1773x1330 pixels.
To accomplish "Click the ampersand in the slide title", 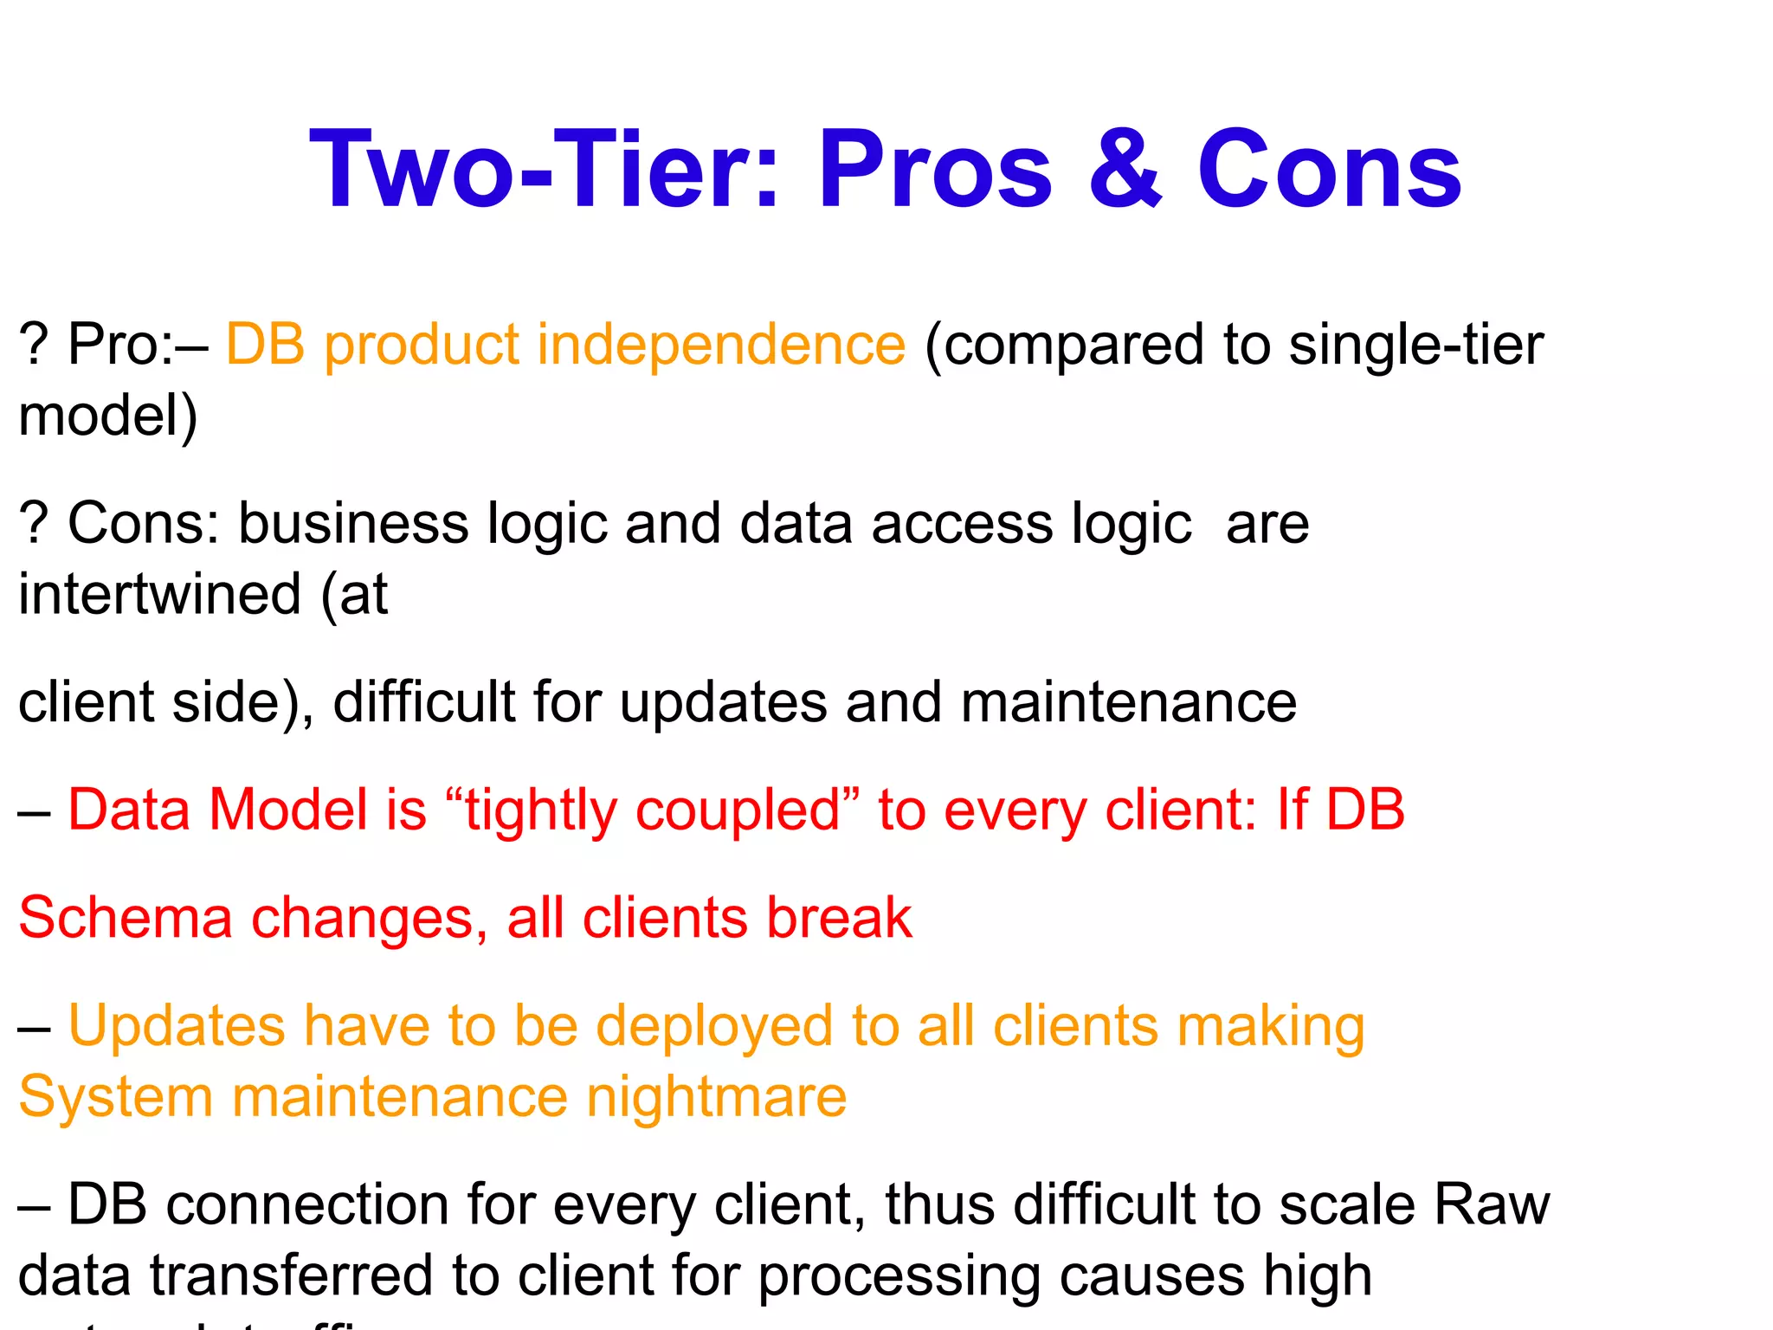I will [1125, 170].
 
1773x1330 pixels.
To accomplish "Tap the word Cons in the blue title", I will [1330, 170].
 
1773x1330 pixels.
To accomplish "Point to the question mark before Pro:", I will [33, 345].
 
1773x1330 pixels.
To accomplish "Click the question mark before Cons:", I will [33, 524].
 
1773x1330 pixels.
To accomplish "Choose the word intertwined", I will [160, 595].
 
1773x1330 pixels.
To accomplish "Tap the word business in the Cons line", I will [353, 524].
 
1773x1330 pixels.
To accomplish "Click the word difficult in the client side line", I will [423, 701].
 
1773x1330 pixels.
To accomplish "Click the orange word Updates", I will [177, 1027].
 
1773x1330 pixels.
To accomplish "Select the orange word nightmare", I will [716, 1098].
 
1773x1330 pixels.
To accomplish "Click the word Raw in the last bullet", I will [1491, 1204].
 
